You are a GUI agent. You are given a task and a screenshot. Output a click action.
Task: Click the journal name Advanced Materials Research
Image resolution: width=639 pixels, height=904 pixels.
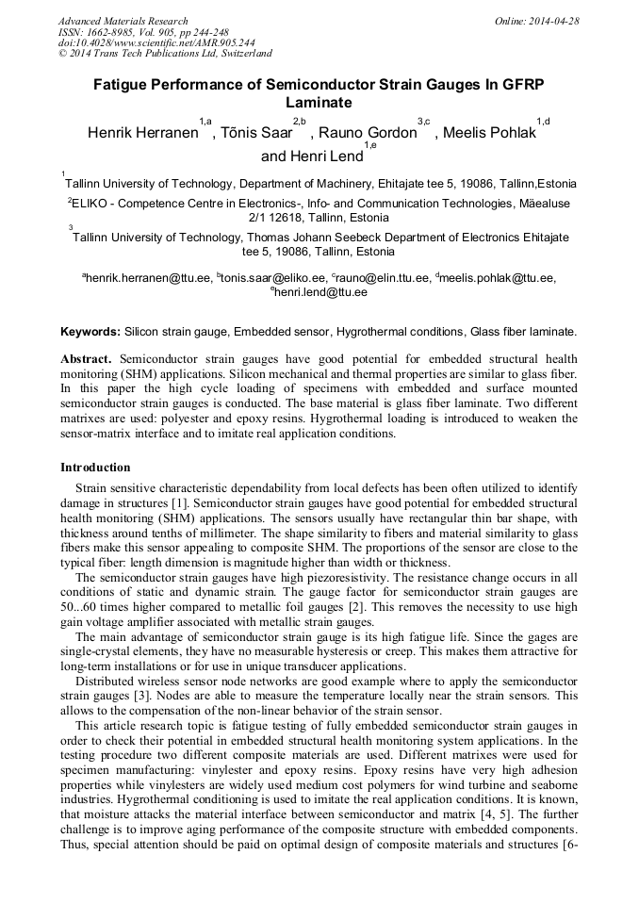pos(123,21)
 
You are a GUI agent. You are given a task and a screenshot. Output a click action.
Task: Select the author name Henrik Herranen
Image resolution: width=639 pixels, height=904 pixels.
pos(142,133)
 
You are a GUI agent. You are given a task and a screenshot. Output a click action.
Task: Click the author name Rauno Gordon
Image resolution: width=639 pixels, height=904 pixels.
pos(368,133)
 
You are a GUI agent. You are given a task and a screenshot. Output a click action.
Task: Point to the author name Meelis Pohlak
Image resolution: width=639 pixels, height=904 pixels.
pos(489,133)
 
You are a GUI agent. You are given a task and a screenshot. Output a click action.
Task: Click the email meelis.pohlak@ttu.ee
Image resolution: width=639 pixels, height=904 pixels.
pos(497,277)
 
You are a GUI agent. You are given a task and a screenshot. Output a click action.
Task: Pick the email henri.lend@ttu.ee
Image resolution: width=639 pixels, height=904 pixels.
pos(320,292)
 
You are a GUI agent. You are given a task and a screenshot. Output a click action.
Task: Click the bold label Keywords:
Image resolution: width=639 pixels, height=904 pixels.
pos(90,332)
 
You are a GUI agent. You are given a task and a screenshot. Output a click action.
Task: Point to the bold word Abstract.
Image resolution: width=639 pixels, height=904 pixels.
pos(86,360)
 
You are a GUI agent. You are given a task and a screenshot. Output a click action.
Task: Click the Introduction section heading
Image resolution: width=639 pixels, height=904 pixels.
pos(95,468)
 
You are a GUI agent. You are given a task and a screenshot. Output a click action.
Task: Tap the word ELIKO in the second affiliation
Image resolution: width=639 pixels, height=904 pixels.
pos(92,203)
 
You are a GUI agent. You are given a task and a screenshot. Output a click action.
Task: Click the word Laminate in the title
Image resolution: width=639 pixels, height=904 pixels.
pos(319,102)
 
